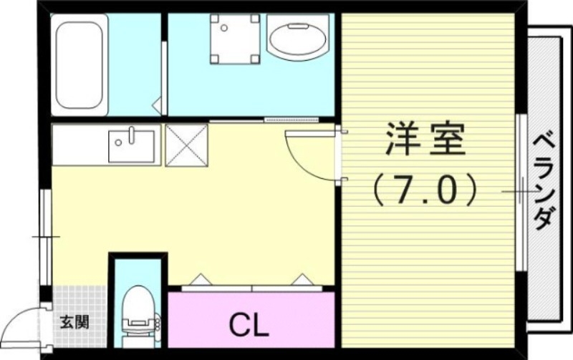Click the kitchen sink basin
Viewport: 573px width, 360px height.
(x=133, y=146)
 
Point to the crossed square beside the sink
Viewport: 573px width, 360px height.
(x=186, y=145)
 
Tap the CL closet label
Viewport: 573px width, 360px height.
(x=249, y=326)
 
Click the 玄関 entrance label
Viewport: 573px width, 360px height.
(x=74, y=321)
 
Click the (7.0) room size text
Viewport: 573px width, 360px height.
(x=425, y=191)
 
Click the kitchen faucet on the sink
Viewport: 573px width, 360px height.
(x=133, y=133)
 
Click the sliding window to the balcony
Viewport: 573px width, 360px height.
(x=521, y=192)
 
